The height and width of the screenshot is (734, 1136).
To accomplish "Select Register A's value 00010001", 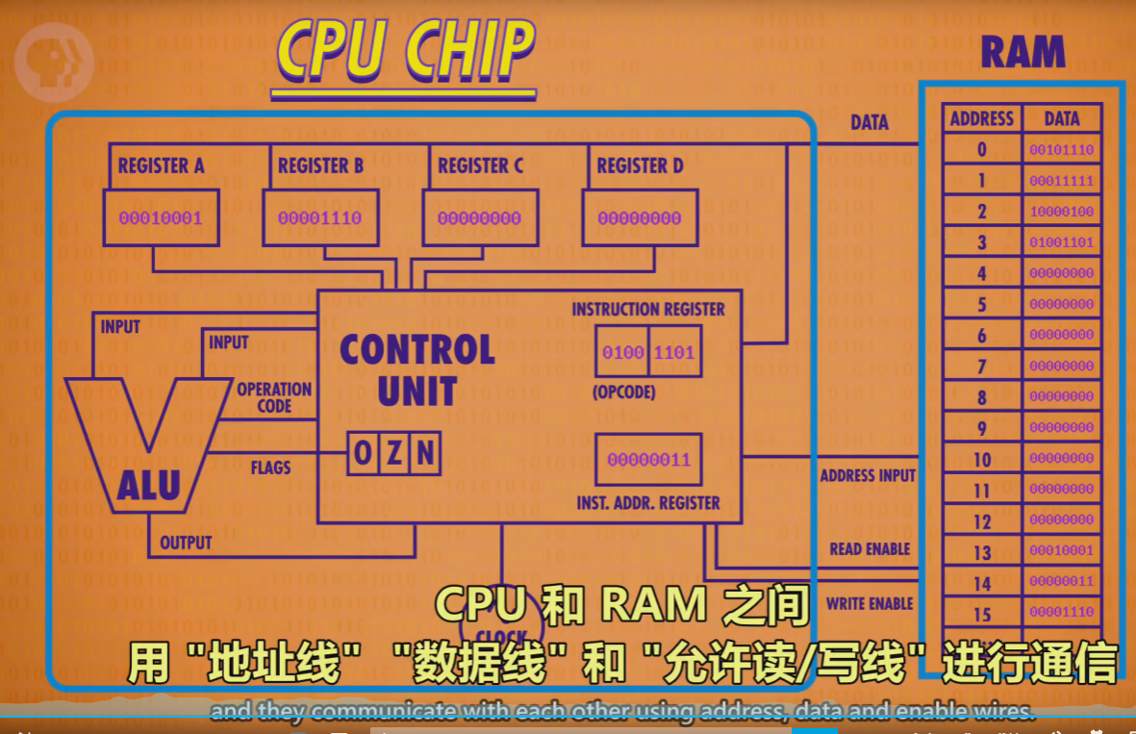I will tap(160, 218).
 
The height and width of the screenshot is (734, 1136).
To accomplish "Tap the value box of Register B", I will tap(319, 218).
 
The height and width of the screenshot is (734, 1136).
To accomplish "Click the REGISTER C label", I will tap(480, 165).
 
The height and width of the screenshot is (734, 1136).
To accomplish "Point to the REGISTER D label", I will tap(640, 165).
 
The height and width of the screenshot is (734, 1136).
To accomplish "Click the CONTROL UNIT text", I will tap(417, 369).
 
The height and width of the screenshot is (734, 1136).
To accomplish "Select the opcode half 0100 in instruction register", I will tap(622, 353).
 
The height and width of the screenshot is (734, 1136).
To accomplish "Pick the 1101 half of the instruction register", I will tap(674, 353).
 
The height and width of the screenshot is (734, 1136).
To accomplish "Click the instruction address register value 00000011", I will tap(648, 460).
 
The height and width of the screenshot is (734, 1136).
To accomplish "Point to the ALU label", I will tap(149, 486).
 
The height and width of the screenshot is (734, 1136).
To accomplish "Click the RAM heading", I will tap(1022, 53).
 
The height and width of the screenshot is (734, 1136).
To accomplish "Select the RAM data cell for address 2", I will tap(1061, 212).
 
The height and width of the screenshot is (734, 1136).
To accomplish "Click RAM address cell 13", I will tap(981, 552).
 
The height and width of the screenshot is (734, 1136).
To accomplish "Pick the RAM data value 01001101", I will tap(1061, 242).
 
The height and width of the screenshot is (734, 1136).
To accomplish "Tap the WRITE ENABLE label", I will tap(870, 604).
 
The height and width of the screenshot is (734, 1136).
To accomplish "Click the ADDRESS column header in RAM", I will tap(981, 118).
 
